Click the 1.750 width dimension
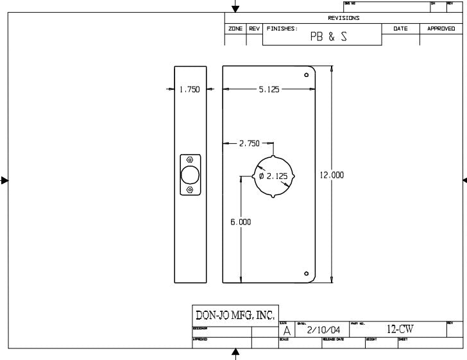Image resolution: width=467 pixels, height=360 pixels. pos(189,90)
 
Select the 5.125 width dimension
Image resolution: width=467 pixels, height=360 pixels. pos(269,90)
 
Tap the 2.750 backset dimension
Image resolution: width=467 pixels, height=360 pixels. pos(250,143)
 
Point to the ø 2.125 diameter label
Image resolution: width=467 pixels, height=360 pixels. pos(273,176)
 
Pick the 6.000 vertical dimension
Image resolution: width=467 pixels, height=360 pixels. pos(241,222)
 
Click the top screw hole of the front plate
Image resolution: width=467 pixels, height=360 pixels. pos(306,76)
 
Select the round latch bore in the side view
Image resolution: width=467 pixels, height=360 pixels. pos(190,175)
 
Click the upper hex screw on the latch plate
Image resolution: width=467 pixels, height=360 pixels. pos(190,159)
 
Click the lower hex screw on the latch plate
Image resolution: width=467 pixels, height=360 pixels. pos(190,190)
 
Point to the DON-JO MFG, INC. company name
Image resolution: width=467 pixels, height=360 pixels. pos(234,315)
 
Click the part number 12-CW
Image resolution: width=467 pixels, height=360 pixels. pos(400,329)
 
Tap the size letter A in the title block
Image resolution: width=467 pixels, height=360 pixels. pos(287,330)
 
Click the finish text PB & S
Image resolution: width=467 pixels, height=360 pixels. pos(328,37)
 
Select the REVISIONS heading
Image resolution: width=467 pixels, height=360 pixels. pos(344,18)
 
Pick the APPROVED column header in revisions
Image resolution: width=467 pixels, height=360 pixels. pos(441,29)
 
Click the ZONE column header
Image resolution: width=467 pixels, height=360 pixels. pos(235,29)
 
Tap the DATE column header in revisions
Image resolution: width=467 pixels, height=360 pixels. pos(400,29)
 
